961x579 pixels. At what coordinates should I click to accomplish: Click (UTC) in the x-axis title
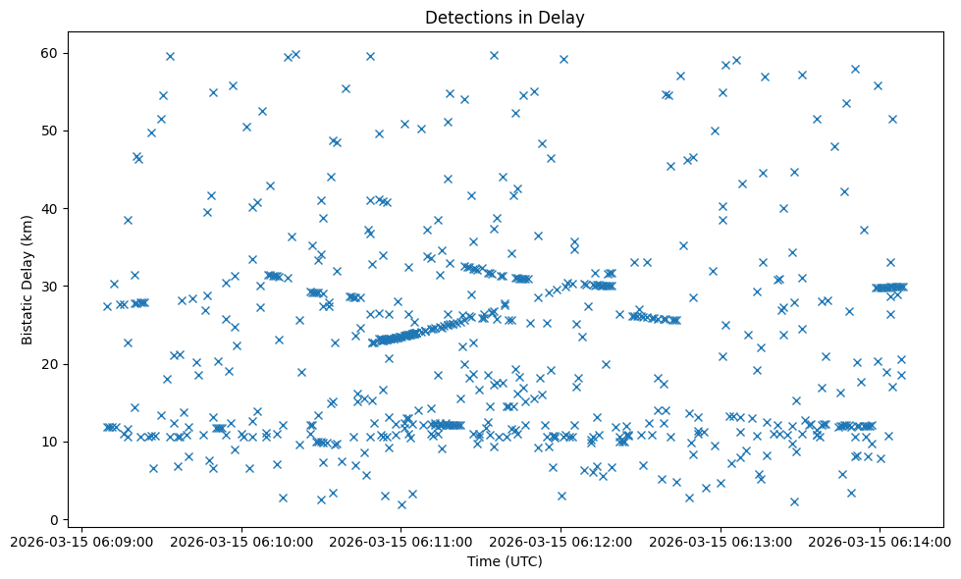tap(522, 561)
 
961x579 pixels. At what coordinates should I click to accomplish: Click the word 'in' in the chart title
tap(521, 18)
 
